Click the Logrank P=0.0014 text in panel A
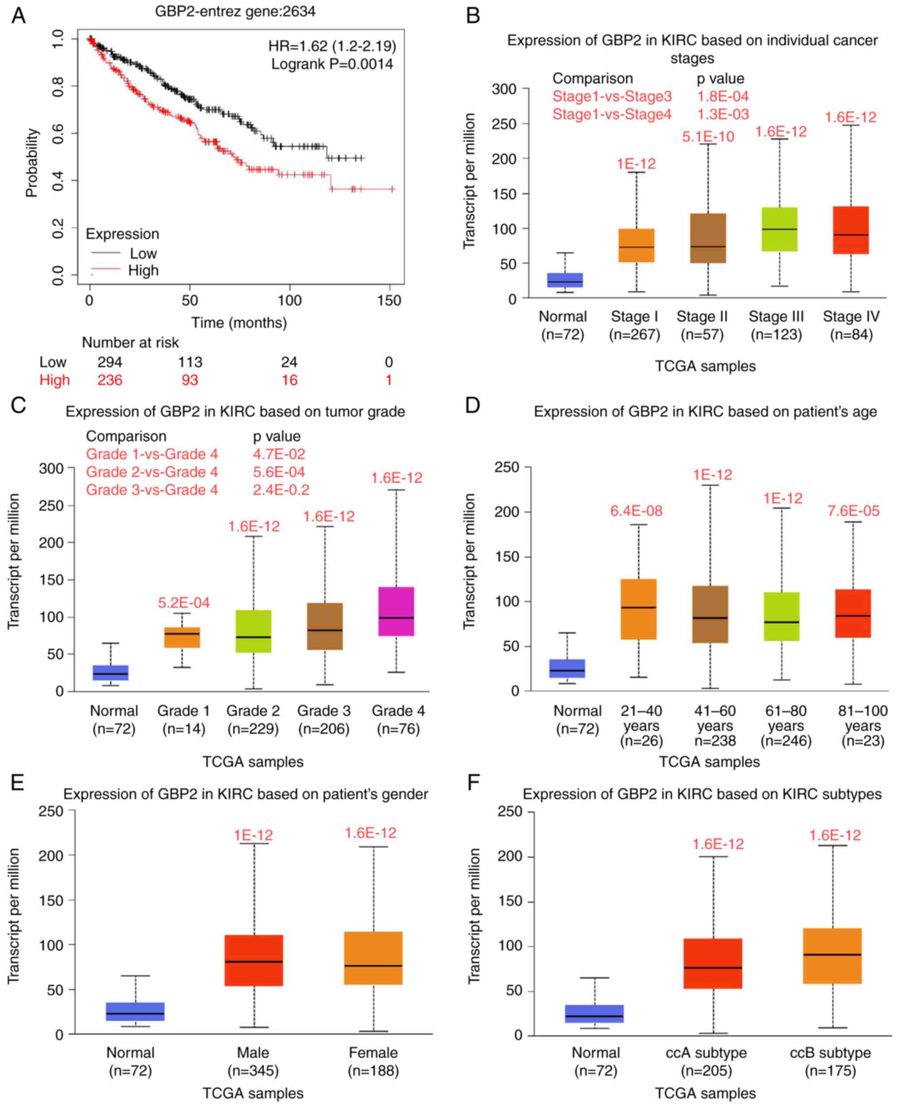(x=332, y=64)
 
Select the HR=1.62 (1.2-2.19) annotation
(x=332, y=46)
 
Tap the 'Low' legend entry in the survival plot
(x=143, y=253)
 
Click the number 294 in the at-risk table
(x=110, y=362)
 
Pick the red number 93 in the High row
(x=189, y=380)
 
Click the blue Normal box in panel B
(x=565, y=280)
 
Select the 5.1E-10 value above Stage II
(x=708, y=137)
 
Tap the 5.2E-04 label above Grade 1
(x=184, y=603)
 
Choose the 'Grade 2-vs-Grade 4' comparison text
(x=152, y=472)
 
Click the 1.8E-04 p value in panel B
(x=722, y=96)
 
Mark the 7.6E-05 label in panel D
(x=853, y=511)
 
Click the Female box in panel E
(x=373, y=958)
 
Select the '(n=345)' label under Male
(x=253, y=1070)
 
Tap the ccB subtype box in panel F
(x=832, y=956)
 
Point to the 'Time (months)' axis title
(x=239, y=323)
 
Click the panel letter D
(x=473, y=405)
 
